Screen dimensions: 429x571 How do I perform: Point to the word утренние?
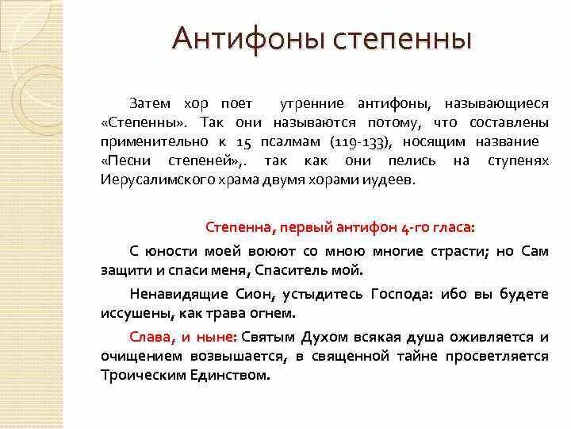point(312,103)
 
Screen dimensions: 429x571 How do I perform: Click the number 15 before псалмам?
point(244,141)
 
